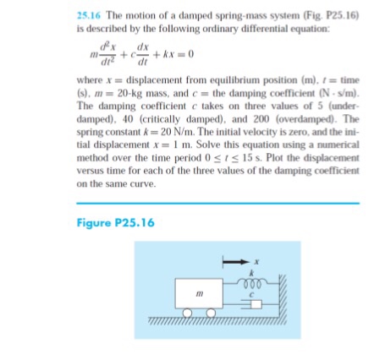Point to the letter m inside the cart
coord(200,295)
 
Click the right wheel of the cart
coord(213,318)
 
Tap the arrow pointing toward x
coord(234,264)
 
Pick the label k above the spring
coord(245,275)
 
